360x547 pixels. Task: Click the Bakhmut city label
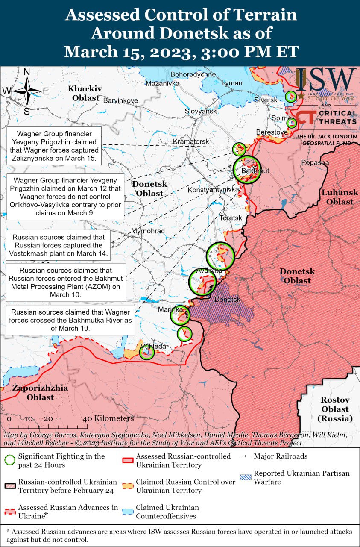pyautogui.click(x=255, y=171)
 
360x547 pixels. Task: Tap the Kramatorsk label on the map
pyautogui.click(x=191, y=141)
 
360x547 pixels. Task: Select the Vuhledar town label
pyautogui.click(x=155, y=346)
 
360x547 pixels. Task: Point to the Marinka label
pyautogui.click(x=170, y=309)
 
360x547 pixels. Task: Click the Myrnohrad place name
pyautogui.click(x=148, y=231)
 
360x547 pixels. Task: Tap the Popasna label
pyautogui.click(x=315, y=163)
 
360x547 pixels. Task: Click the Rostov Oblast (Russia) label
pyautogui.click(x=335, y=409)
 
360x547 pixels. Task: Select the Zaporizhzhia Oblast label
pyautogui.click(x=40, y=393)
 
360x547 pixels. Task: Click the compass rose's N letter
pyautogui.click(x=26, y=72)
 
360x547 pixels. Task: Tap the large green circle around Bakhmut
pyautogui.click(x=247, y=170)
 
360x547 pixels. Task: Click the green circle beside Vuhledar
pyautogui.click(x=146, y=352)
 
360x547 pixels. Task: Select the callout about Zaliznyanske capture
pyautogui.click(x=54, y=146)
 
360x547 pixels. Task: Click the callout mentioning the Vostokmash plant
pyautogui.click(x=58, y=245)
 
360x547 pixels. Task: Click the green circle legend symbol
pyautogui.click(x=10, y=460)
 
